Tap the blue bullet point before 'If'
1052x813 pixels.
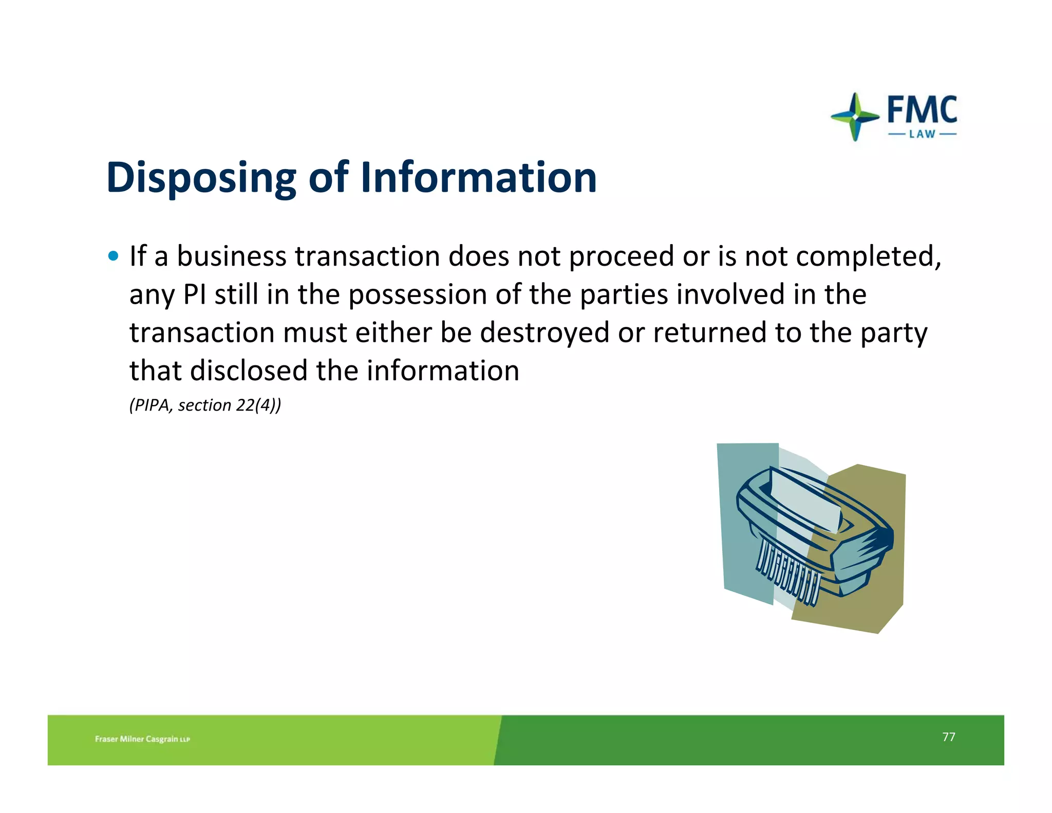[x=114, y=255]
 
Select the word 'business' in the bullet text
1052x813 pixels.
[x=231, y=256]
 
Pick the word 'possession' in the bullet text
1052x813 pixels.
[x=418, y=294]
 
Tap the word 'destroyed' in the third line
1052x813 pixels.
[x=544, y=332]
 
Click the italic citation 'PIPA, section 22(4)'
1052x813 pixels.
[x=205, y=405]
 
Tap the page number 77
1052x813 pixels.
[x=948, y=737]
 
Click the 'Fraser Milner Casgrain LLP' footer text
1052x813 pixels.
[x=142, y=739]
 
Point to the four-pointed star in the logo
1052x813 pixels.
[x=854, y=117]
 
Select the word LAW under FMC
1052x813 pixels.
[x=922, y=135]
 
